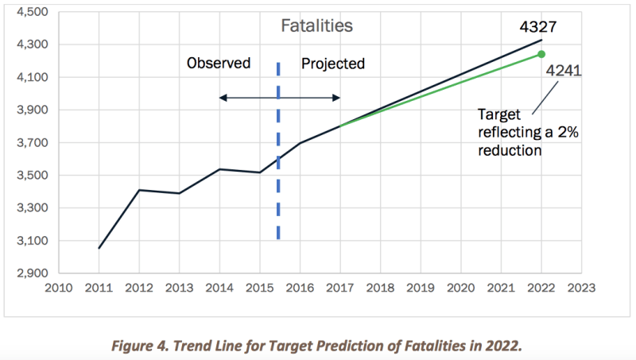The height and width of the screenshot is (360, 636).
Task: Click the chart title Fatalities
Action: [316, 25]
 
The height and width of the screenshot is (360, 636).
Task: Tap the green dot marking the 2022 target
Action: [541, 54]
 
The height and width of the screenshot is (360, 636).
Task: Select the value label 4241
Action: [564, 71]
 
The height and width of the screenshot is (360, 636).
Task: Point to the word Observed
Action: [219, 63]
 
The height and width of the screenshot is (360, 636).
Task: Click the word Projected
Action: [332, 63]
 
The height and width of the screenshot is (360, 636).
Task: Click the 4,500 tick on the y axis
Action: [33, 13]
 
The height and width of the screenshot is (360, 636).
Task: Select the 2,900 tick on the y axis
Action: [33, 273]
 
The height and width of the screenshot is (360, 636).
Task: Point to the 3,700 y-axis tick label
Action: [33, 143]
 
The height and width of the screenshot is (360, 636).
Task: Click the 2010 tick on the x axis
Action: [58, 287]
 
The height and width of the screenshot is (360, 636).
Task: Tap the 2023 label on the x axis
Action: [581, 287]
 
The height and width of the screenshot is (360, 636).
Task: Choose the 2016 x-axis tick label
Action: [299, 287]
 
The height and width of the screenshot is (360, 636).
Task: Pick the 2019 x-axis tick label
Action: [421, 287]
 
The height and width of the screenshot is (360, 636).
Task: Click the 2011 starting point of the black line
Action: [99, 248]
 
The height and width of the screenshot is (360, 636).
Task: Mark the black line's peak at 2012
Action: [139, 190]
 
